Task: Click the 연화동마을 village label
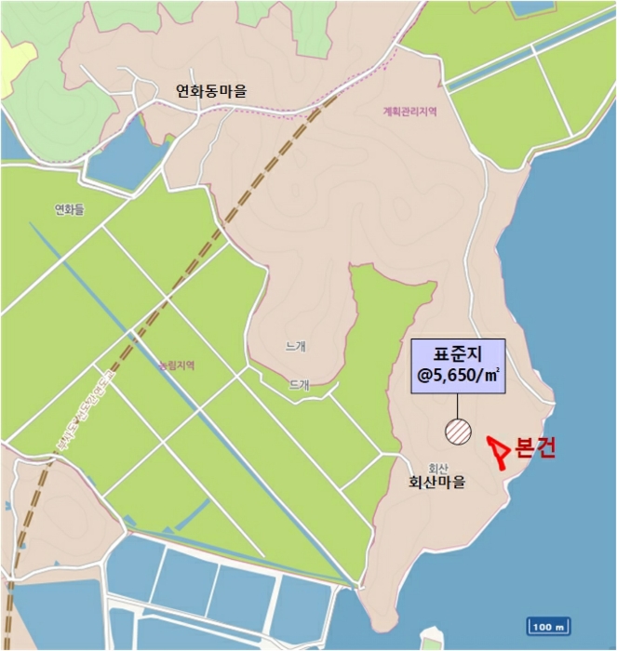pos(212,91)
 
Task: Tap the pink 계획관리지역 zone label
pos(409,112)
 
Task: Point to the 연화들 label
pos(70,210)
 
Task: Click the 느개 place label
pos(297,346)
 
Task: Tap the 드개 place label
pos(299,383)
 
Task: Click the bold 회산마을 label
pos(436,484)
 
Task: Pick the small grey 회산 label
pos(438,468)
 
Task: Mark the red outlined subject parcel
pos(500,453)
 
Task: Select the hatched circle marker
pos(459,432)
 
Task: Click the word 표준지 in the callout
pos(458,354)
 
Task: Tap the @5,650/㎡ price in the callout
pos(458,376)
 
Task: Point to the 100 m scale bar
pos(547,627)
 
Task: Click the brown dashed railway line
pos(223,223)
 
